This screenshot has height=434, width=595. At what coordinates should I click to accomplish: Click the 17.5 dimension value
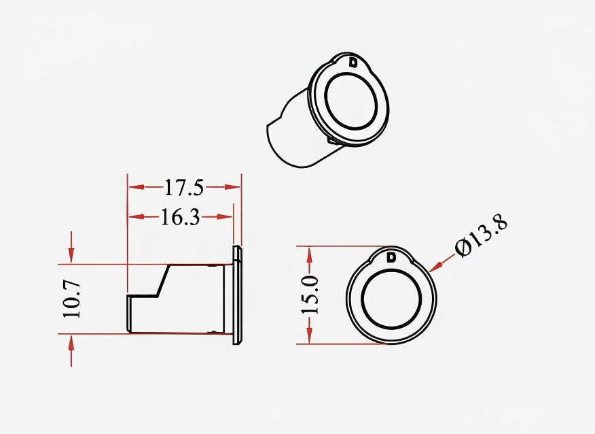184,187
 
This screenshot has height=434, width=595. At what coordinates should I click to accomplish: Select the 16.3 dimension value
180,217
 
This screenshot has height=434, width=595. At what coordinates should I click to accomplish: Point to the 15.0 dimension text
309,295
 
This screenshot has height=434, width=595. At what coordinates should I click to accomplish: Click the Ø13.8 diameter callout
481,236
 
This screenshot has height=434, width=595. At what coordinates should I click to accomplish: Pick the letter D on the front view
391,257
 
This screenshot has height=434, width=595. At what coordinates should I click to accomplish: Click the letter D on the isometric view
353,63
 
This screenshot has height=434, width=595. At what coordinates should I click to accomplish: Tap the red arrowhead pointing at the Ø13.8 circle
436,266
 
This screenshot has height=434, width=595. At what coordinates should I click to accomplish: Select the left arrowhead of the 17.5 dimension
137,187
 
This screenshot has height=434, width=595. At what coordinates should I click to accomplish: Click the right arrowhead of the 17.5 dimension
232,187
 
